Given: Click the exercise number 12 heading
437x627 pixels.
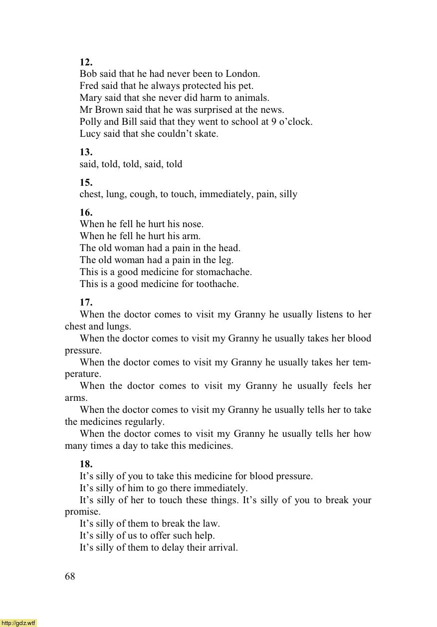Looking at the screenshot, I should tap(86, 62).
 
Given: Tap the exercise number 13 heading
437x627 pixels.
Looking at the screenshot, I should tap(86, 152).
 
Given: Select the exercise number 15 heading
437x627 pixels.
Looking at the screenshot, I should tap(86, 182).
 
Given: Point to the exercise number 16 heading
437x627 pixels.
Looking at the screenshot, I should tap(86, 212).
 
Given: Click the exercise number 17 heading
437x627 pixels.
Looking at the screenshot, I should tap(86, 302).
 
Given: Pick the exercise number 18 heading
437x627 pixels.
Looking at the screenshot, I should tap(86, 464).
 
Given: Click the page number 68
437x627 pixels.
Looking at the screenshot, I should tap(70, 577).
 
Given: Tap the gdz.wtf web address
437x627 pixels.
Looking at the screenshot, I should tap(18, 623).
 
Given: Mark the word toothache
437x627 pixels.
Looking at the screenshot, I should tap(217, 284).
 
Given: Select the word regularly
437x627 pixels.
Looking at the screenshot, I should tap(145, 422).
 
